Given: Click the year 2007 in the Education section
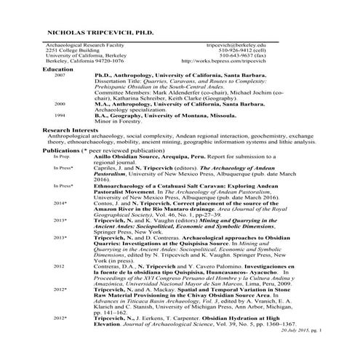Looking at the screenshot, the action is [x=60, y=75].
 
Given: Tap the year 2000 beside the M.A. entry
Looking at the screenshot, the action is [x=60, y=104].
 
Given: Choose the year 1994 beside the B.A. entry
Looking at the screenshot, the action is [x=60, y=115].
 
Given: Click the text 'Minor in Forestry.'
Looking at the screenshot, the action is [x=117, y=121].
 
